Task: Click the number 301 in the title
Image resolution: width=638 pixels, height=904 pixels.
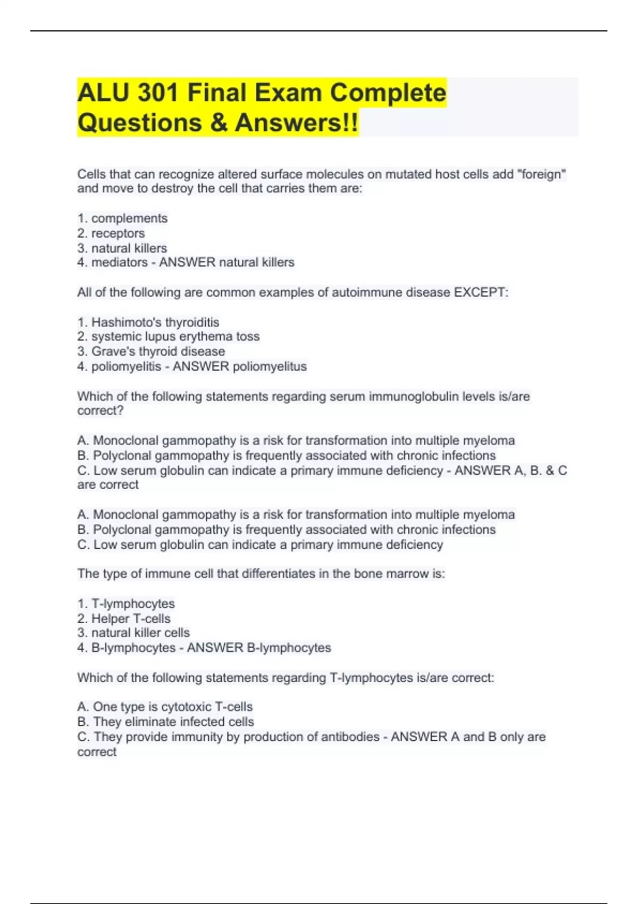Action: tap(158, 93)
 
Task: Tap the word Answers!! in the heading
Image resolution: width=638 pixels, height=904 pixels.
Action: tap(296, 123)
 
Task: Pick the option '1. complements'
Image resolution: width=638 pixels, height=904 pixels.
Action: tap(122, 219)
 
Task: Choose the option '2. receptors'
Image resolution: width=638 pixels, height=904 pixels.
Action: tap(111, 233)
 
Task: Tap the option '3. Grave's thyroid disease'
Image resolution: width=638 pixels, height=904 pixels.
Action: tap(151, 351)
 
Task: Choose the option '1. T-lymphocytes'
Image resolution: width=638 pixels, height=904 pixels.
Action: tap(126, 604)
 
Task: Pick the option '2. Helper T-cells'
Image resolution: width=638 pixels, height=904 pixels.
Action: tap(124, 619)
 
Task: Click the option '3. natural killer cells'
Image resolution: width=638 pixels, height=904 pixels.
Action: tap(133, 633)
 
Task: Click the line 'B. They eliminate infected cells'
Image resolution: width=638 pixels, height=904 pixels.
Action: tap(165, 722)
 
